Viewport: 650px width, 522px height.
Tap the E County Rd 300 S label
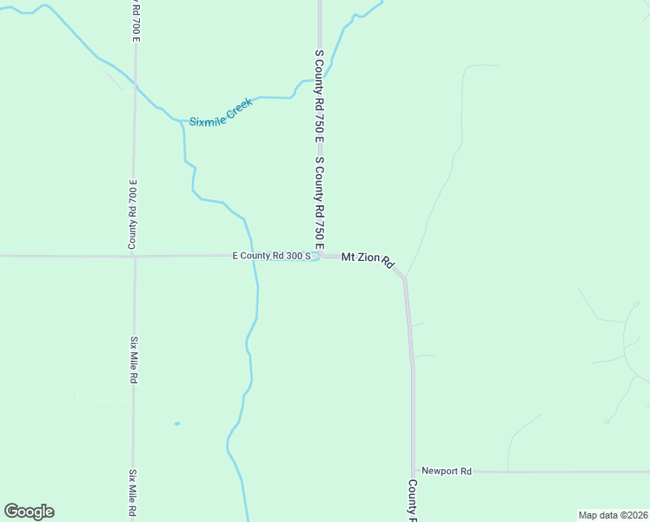tap(271, 257)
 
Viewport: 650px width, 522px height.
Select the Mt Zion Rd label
tap(368, 259)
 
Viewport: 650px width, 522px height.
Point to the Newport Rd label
tap(446, 471)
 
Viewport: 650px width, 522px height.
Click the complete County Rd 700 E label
tap(134, 214)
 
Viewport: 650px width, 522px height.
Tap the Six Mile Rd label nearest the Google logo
tap(134, 492)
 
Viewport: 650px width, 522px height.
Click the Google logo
tap(29, 512)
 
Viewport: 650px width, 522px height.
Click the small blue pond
tap(176, 424)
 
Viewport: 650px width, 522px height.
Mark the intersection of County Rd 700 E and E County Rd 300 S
tap(134, 256)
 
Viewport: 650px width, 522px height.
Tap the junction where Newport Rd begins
tap(415, 472)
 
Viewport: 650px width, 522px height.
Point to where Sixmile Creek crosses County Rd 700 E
tap(134, 84)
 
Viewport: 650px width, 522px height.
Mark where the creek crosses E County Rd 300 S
tap(254, 256)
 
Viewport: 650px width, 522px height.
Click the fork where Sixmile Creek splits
tap(182, 120)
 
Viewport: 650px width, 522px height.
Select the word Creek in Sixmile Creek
tap(238, 107)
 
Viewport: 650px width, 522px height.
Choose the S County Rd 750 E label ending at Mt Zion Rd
tap(320, 205)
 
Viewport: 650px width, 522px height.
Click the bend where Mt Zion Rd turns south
tap(404, 278)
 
